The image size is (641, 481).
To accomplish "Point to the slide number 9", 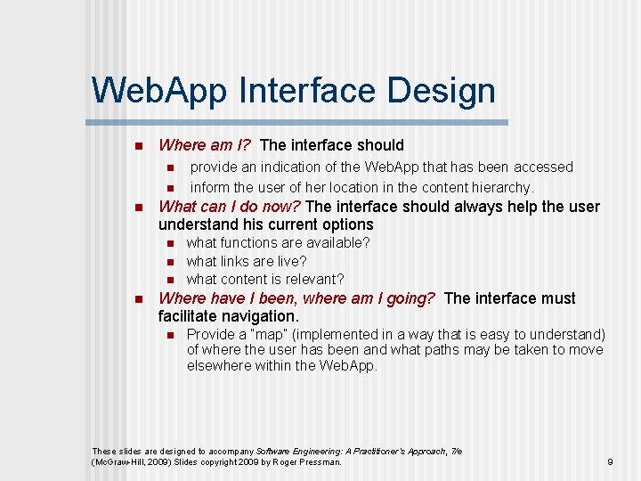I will click(x=610, y=461).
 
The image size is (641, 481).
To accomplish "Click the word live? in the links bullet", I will click(x=289, y=261).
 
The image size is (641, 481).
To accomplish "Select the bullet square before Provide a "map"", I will click(x=166, y=335).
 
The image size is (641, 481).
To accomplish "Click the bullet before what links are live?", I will click(x=166, y=262).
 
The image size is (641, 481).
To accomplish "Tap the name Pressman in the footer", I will click(x=319, y=462).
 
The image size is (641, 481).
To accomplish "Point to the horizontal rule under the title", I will click(x=297, y=122).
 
